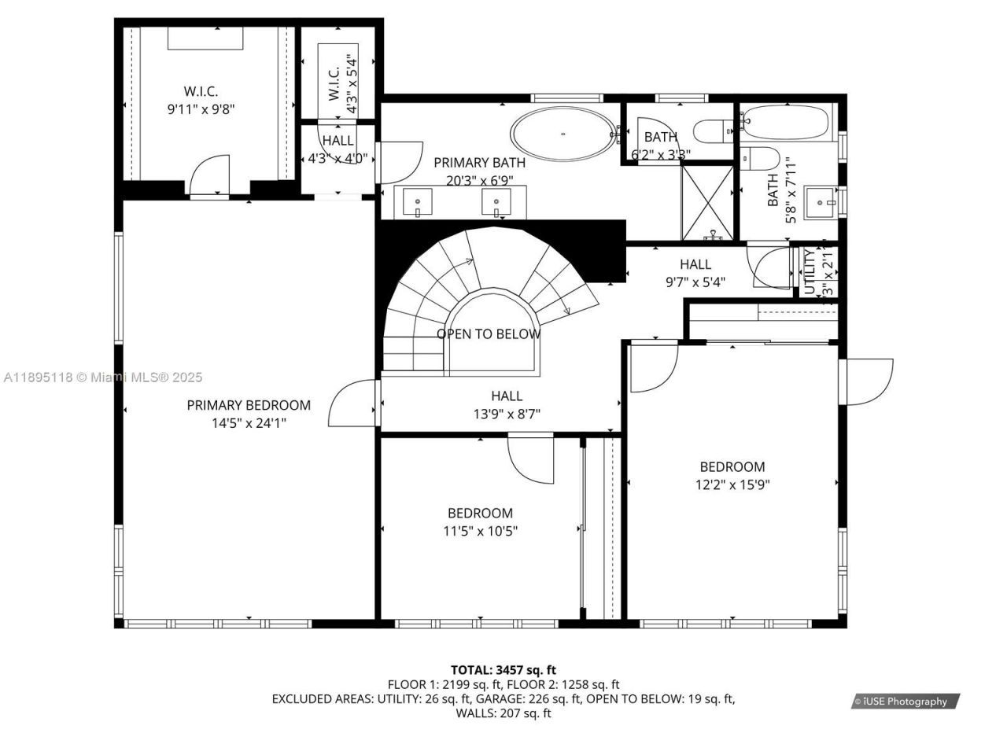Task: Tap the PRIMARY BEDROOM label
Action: pos(249,405)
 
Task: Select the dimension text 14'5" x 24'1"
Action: pos(249,423)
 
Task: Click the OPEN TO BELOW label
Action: pos(489,334)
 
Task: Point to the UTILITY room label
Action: pos(810,271)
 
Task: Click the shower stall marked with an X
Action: pos(707,202)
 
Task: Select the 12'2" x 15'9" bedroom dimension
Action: pos(732,485)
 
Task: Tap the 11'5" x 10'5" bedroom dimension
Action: pos(480,531)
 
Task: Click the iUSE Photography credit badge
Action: pos(905,702)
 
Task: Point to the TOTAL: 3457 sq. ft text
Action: pos(503,670)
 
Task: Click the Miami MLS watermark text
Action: pos(102,377)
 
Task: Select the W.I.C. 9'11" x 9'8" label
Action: pos(201,101)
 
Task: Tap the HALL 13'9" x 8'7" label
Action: pos(506,404)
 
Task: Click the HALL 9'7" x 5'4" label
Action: pos(695,272)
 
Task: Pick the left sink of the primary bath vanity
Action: pos(416,203)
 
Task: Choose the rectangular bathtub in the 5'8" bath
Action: pos(785,123)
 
